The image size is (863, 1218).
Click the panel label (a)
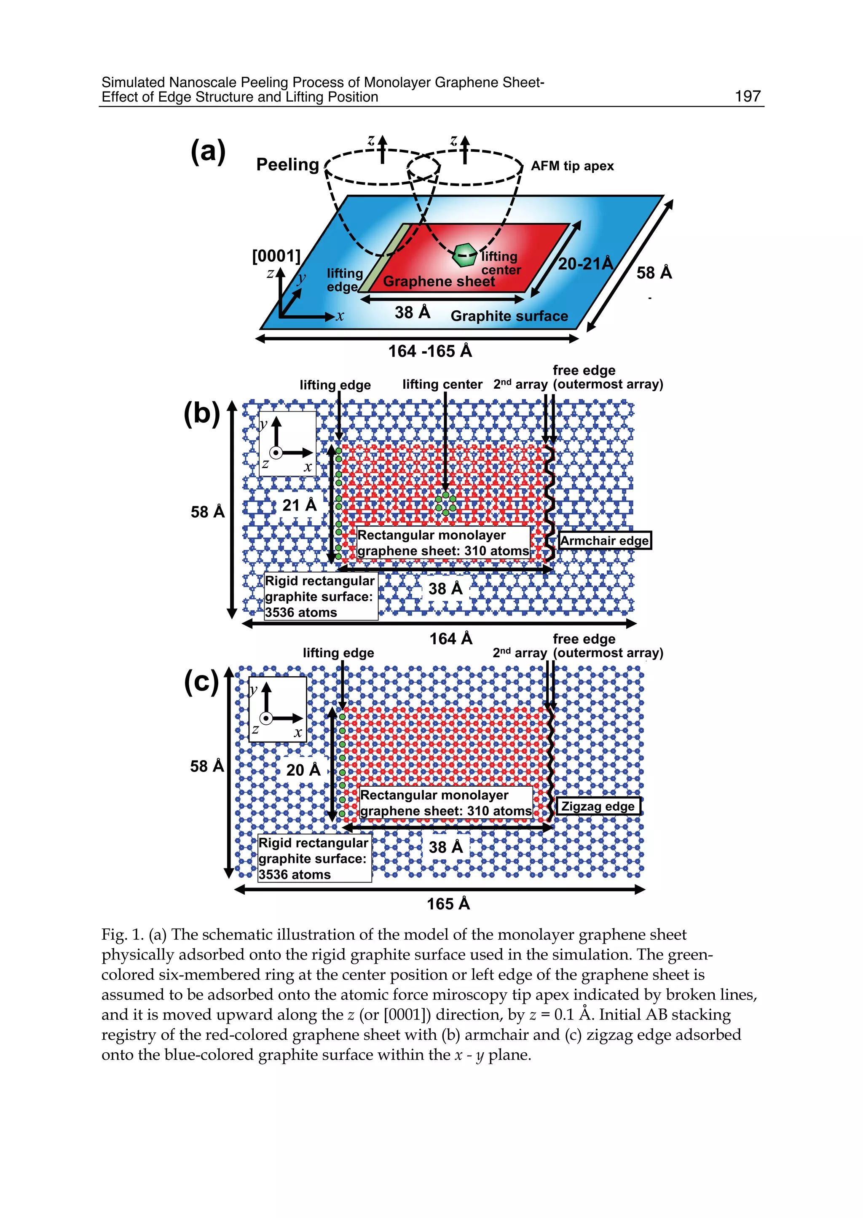click(208, 151)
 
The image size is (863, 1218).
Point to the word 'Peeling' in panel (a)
click(287, 164)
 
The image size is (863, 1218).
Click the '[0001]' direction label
click(276, 256)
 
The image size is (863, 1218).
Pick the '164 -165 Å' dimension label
click(430, 351)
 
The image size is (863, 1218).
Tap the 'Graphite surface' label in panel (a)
click(509, 316)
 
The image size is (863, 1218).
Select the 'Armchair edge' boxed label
click(605, 540)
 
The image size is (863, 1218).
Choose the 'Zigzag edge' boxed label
click(598, 806)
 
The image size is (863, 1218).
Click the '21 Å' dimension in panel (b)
click(299, 505)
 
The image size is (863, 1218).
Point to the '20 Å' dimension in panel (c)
click(303, 769)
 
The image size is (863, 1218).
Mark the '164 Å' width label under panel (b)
click(450, 638)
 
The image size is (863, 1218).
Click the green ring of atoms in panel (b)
click(445, 504)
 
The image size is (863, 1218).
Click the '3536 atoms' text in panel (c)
click(295, 874)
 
